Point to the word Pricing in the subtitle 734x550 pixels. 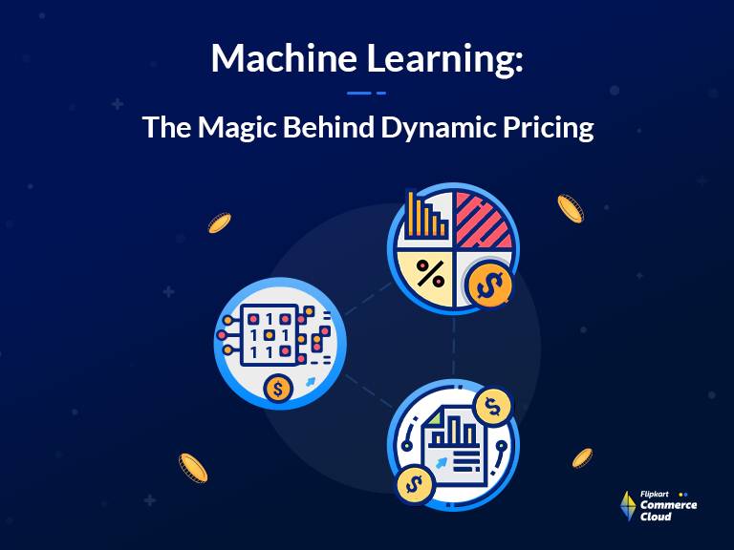click(x=549, y=127)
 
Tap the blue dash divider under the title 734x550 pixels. click(x=367, y=93)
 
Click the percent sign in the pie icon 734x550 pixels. click(x=430, y=274)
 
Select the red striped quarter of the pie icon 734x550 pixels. click(x=483, y=222)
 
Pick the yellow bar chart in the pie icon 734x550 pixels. click(x=426, y=215)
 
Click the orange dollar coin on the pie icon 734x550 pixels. click(x=489, y=284)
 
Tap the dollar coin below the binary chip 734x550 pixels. click(x=277, y=389)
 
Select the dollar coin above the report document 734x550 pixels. click(x=493, y=406)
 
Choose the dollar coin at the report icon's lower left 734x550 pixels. click(x=415, y=484)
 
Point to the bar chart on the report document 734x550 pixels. click(x=453, y=432)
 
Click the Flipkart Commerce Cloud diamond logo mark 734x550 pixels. click(x=628, y=506)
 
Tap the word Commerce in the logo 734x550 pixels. click(x=668, y=505)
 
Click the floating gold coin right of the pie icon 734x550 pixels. click(x=571, y=208)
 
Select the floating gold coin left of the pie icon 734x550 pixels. click(x=220, y=222)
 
